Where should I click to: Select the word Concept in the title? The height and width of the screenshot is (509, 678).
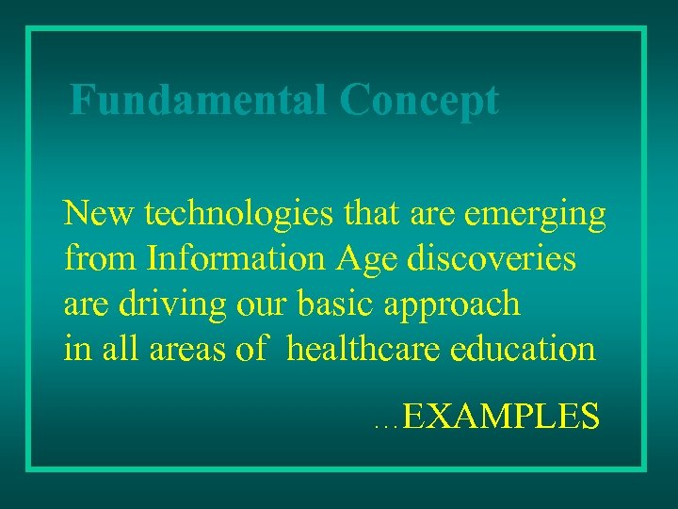pos(419,101)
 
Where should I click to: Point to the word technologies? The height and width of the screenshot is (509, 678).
pos(238,214)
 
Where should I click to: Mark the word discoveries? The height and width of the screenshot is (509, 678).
pos(491,258)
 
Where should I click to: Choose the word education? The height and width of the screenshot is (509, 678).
pos(524,349)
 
